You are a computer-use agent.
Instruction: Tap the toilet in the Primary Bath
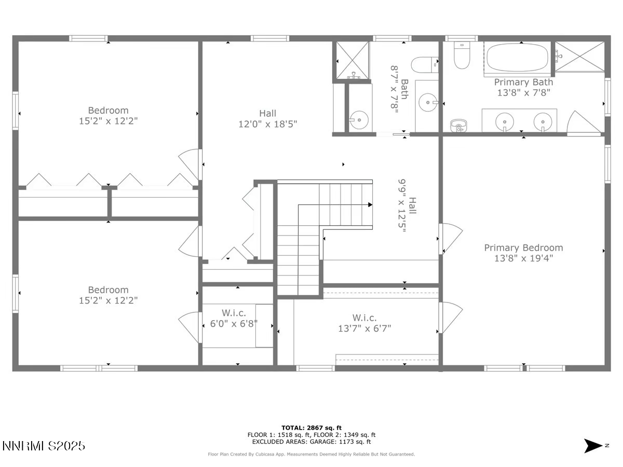click(x=462, y=56)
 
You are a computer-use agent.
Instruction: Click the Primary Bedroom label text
click(x=523, y=248)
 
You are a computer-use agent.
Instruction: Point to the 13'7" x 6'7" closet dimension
click(x=364, y=328)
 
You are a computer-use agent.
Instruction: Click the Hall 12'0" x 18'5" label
click(x=267, y=118)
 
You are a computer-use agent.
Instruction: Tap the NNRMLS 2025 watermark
click(x=44, y=446)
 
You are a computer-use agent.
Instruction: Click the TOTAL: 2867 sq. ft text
click(x=311, y=428)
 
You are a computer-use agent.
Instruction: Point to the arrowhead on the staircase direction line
click(x=370, y=204)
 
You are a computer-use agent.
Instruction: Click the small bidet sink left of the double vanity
click(x=457, y=125)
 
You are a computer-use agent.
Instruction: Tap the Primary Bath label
click(x=523, y=82)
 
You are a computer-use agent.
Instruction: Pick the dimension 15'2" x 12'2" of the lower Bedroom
click(x=108, y=300)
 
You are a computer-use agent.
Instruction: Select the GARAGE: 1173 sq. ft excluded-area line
click(x=311, y=442)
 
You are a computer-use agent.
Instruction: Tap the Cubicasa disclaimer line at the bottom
click(x=311, y=455)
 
